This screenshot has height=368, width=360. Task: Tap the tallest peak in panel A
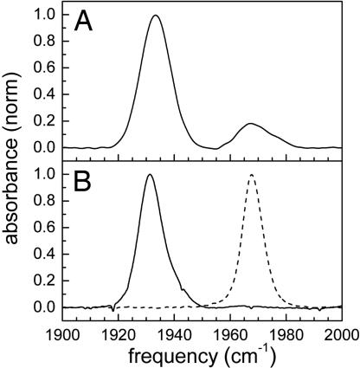click(156, 16)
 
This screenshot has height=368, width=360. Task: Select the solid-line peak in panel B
click(151, 175)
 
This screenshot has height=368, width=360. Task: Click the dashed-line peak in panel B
click(252, 175)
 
